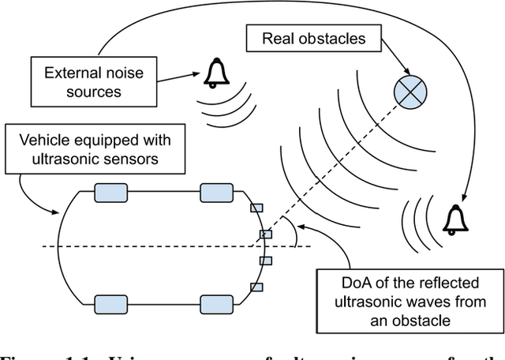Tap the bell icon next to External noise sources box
coord(215,73)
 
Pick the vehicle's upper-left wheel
coord(110,193)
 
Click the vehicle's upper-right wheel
coord(216,193)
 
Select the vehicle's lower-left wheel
coord(110,304)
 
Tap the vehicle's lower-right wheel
coord(216,304)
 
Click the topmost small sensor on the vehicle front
coord(255,208)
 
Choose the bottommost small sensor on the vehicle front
coord(255,287)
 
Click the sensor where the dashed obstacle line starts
coord(267,234)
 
